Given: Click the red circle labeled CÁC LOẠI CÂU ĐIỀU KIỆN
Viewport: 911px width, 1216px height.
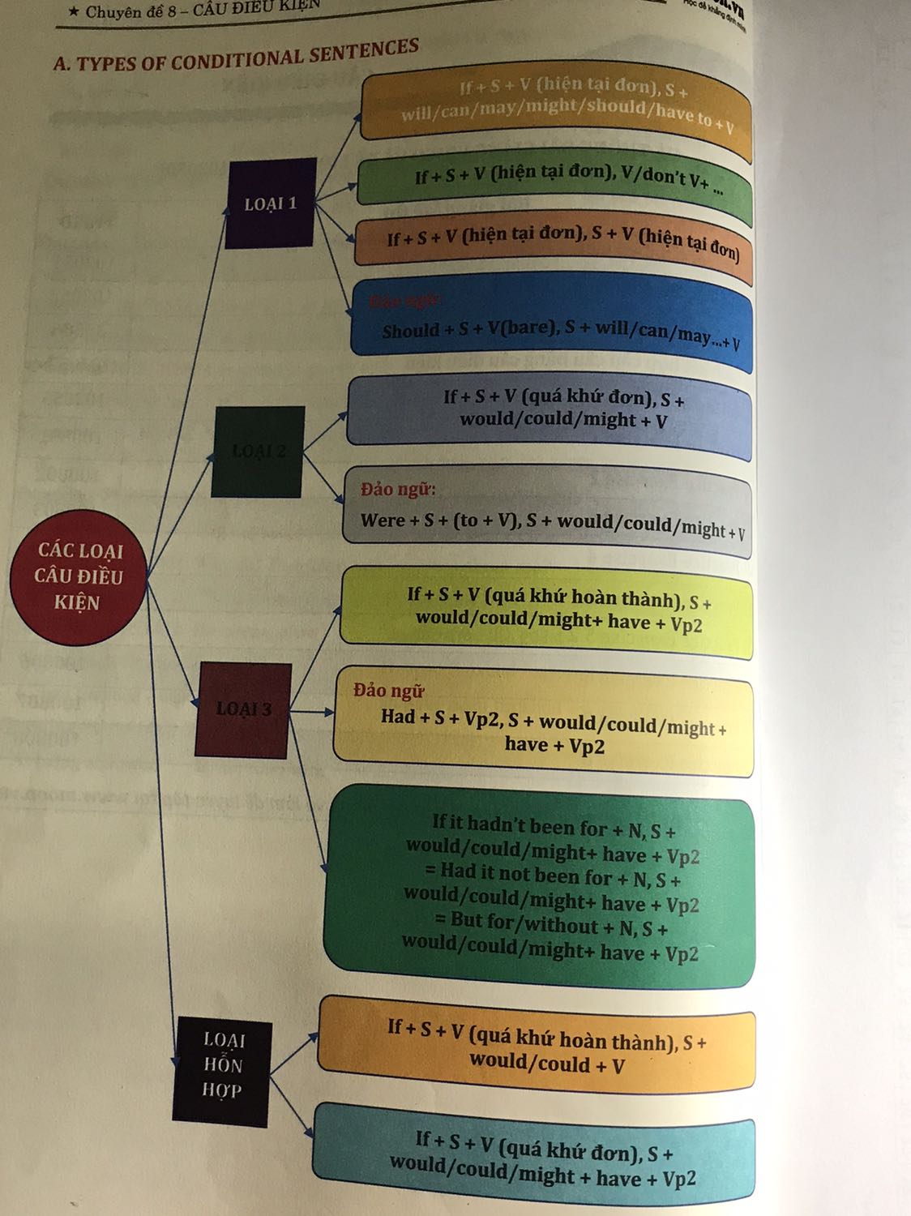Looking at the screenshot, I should [78, 576].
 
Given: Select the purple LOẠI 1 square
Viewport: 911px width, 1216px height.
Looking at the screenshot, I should [271, 203].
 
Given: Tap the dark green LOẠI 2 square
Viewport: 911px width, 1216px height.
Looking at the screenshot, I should [259, 452].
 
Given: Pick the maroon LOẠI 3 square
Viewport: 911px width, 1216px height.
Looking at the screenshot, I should [243, 709].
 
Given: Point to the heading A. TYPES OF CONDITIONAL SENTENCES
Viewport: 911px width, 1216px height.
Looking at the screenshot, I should [236, 56].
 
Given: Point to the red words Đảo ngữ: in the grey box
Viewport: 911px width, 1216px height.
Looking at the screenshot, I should [398, 490].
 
